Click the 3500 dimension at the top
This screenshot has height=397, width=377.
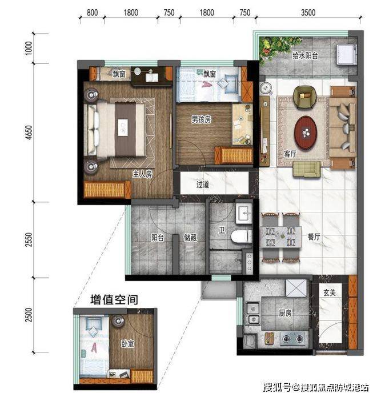coord(308,13)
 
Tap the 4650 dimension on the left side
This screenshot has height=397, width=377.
coord(29,132)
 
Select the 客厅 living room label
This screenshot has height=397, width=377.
coord(290,154)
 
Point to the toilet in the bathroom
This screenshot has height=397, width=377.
coord(241,236)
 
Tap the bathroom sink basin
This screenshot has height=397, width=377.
coord(244,212)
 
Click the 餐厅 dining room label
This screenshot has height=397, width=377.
coord(314,237)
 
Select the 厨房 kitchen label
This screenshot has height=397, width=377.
coord(286,313)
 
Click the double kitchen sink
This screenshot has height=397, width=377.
coord(253,314)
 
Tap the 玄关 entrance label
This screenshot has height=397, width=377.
coord(330,293)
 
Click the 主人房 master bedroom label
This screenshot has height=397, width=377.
coord(143,174)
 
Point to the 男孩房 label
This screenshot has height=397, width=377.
coord(201,119)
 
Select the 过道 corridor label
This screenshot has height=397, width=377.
coord(203,185)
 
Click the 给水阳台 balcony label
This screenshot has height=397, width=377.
coord(305,55)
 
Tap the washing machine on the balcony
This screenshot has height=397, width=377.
coord(346,54)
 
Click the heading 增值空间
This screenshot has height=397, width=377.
coord(114,300)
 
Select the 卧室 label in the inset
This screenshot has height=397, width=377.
coord(127,343)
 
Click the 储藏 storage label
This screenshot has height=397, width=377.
coord(190,238)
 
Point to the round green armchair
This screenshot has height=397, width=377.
coord(305,98)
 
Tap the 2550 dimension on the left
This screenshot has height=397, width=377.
coord(29,240)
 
